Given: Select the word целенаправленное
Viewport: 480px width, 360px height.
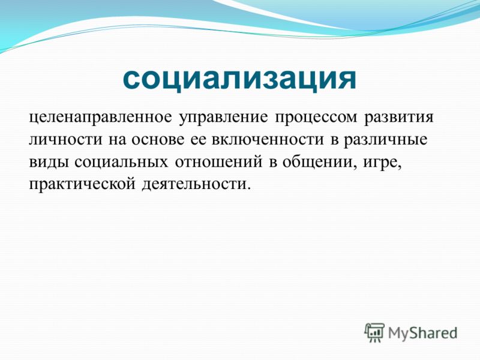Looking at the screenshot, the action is tap(100, 118).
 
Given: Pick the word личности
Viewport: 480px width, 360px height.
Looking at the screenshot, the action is tap(65, 140).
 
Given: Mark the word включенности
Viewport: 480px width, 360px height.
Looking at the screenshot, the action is tap(268, 140).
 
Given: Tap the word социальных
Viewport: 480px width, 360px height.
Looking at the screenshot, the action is tap(121, 162).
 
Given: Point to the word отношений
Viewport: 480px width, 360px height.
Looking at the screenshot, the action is tap(218, 162).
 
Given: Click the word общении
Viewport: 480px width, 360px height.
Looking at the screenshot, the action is tap(319, 162).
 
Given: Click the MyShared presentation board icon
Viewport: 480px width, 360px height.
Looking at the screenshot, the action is tap(374, 333).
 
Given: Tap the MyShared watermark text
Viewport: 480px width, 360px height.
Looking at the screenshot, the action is tap(423, 333).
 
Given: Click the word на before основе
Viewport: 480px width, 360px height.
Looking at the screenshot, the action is tap(117, 141).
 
